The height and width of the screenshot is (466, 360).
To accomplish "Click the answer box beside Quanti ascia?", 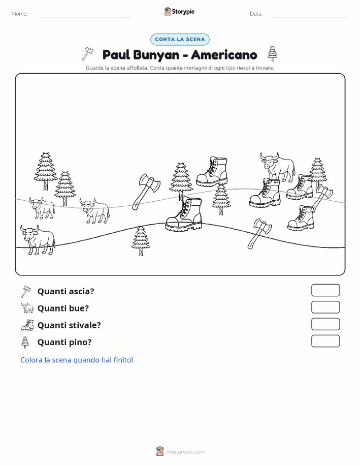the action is pos(325,290).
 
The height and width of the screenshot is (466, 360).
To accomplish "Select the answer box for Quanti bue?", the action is pos(325,307).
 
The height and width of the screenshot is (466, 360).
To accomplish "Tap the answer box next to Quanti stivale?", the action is pos(325,324).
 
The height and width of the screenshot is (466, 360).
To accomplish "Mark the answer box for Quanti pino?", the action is pos(325,341).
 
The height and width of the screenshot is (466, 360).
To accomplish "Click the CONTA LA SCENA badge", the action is pos(180,39).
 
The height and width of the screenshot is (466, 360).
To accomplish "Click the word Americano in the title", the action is pos(224,55).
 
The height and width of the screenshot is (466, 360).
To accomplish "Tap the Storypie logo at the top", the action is pos(179,12).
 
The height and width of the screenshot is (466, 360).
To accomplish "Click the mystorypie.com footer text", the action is pos(185,452).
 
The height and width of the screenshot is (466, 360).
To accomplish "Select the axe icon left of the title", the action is pos(87,53).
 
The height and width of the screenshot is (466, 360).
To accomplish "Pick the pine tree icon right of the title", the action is pos(272,53).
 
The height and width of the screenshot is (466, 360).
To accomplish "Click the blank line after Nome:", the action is pos(83,17).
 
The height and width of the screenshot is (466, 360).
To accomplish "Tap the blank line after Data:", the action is pos(311,17).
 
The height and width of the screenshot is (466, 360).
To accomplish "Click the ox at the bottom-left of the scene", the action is pos(38,239).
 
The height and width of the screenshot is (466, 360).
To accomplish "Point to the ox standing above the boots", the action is pos(278,167).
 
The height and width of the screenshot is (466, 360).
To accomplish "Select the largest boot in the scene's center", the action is pos(184,214).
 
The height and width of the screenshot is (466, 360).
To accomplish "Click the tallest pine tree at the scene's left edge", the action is pos(46,171).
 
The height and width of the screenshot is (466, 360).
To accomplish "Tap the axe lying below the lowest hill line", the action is pos(259,234).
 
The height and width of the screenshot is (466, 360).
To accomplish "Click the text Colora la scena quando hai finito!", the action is pos(77,360).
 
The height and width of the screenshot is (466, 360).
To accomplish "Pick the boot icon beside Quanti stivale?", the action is pos(27,325).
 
